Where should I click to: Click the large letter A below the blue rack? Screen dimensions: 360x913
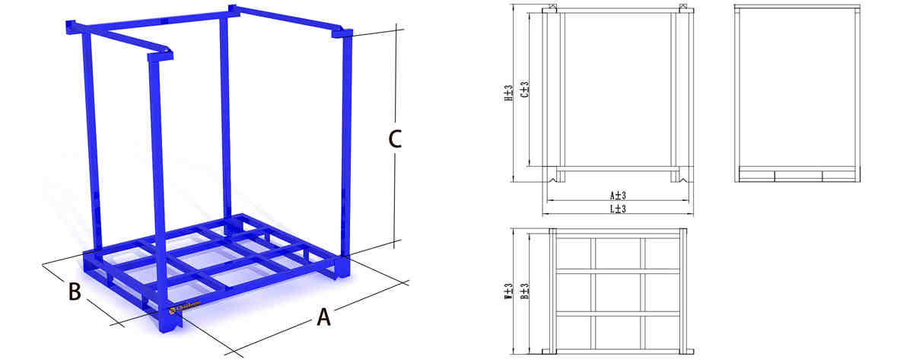pos(324,317)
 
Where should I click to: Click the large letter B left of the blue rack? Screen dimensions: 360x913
pos(75,292)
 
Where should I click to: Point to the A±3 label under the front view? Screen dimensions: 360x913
pos(617,196)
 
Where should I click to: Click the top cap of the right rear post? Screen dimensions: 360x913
pos(342,33)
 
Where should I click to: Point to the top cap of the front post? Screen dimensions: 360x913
pos(161,56)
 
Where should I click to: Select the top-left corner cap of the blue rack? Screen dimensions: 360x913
pos(74,27)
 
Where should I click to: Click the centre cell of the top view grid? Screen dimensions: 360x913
pos(617,292)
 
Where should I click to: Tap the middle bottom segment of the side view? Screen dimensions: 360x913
pos(798,176)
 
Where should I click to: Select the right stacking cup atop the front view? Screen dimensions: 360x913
pos(683,8)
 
